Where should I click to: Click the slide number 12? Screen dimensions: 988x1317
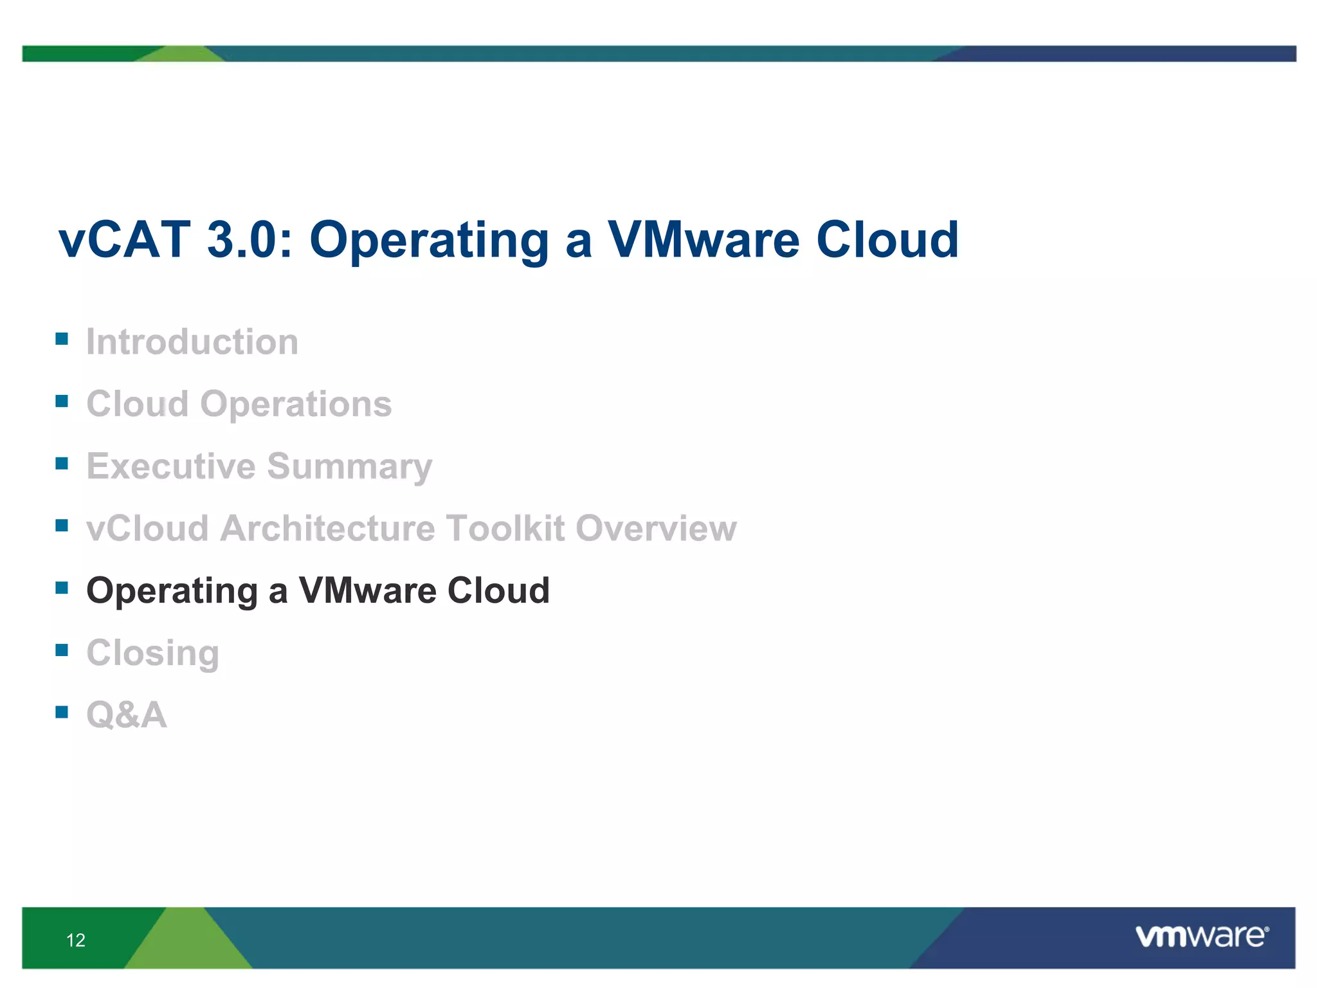76,940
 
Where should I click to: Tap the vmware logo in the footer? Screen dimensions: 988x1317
1201,937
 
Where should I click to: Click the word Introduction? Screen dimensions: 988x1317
192,342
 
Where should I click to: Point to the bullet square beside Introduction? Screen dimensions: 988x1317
62,339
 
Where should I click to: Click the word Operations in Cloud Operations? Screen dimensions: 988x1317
296,404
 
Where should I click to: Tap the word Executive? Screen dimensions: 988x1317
171,466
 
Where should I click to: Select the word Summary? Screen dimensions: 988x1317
349,467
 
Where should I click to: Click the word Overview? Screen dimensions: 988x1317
656,528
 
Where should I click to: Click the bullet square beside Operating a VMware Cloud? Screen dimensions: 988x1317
62,587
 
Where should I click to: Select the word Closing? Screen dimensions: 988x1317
153,654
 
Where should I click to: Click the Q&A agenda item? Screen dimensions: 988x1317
127,715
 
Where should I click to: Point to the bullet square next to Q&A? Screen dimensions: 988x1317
62,711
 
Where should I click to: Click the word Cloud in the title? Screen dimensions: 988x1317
887,240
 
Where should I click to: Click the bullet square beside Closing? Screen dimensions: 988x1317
62,650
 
